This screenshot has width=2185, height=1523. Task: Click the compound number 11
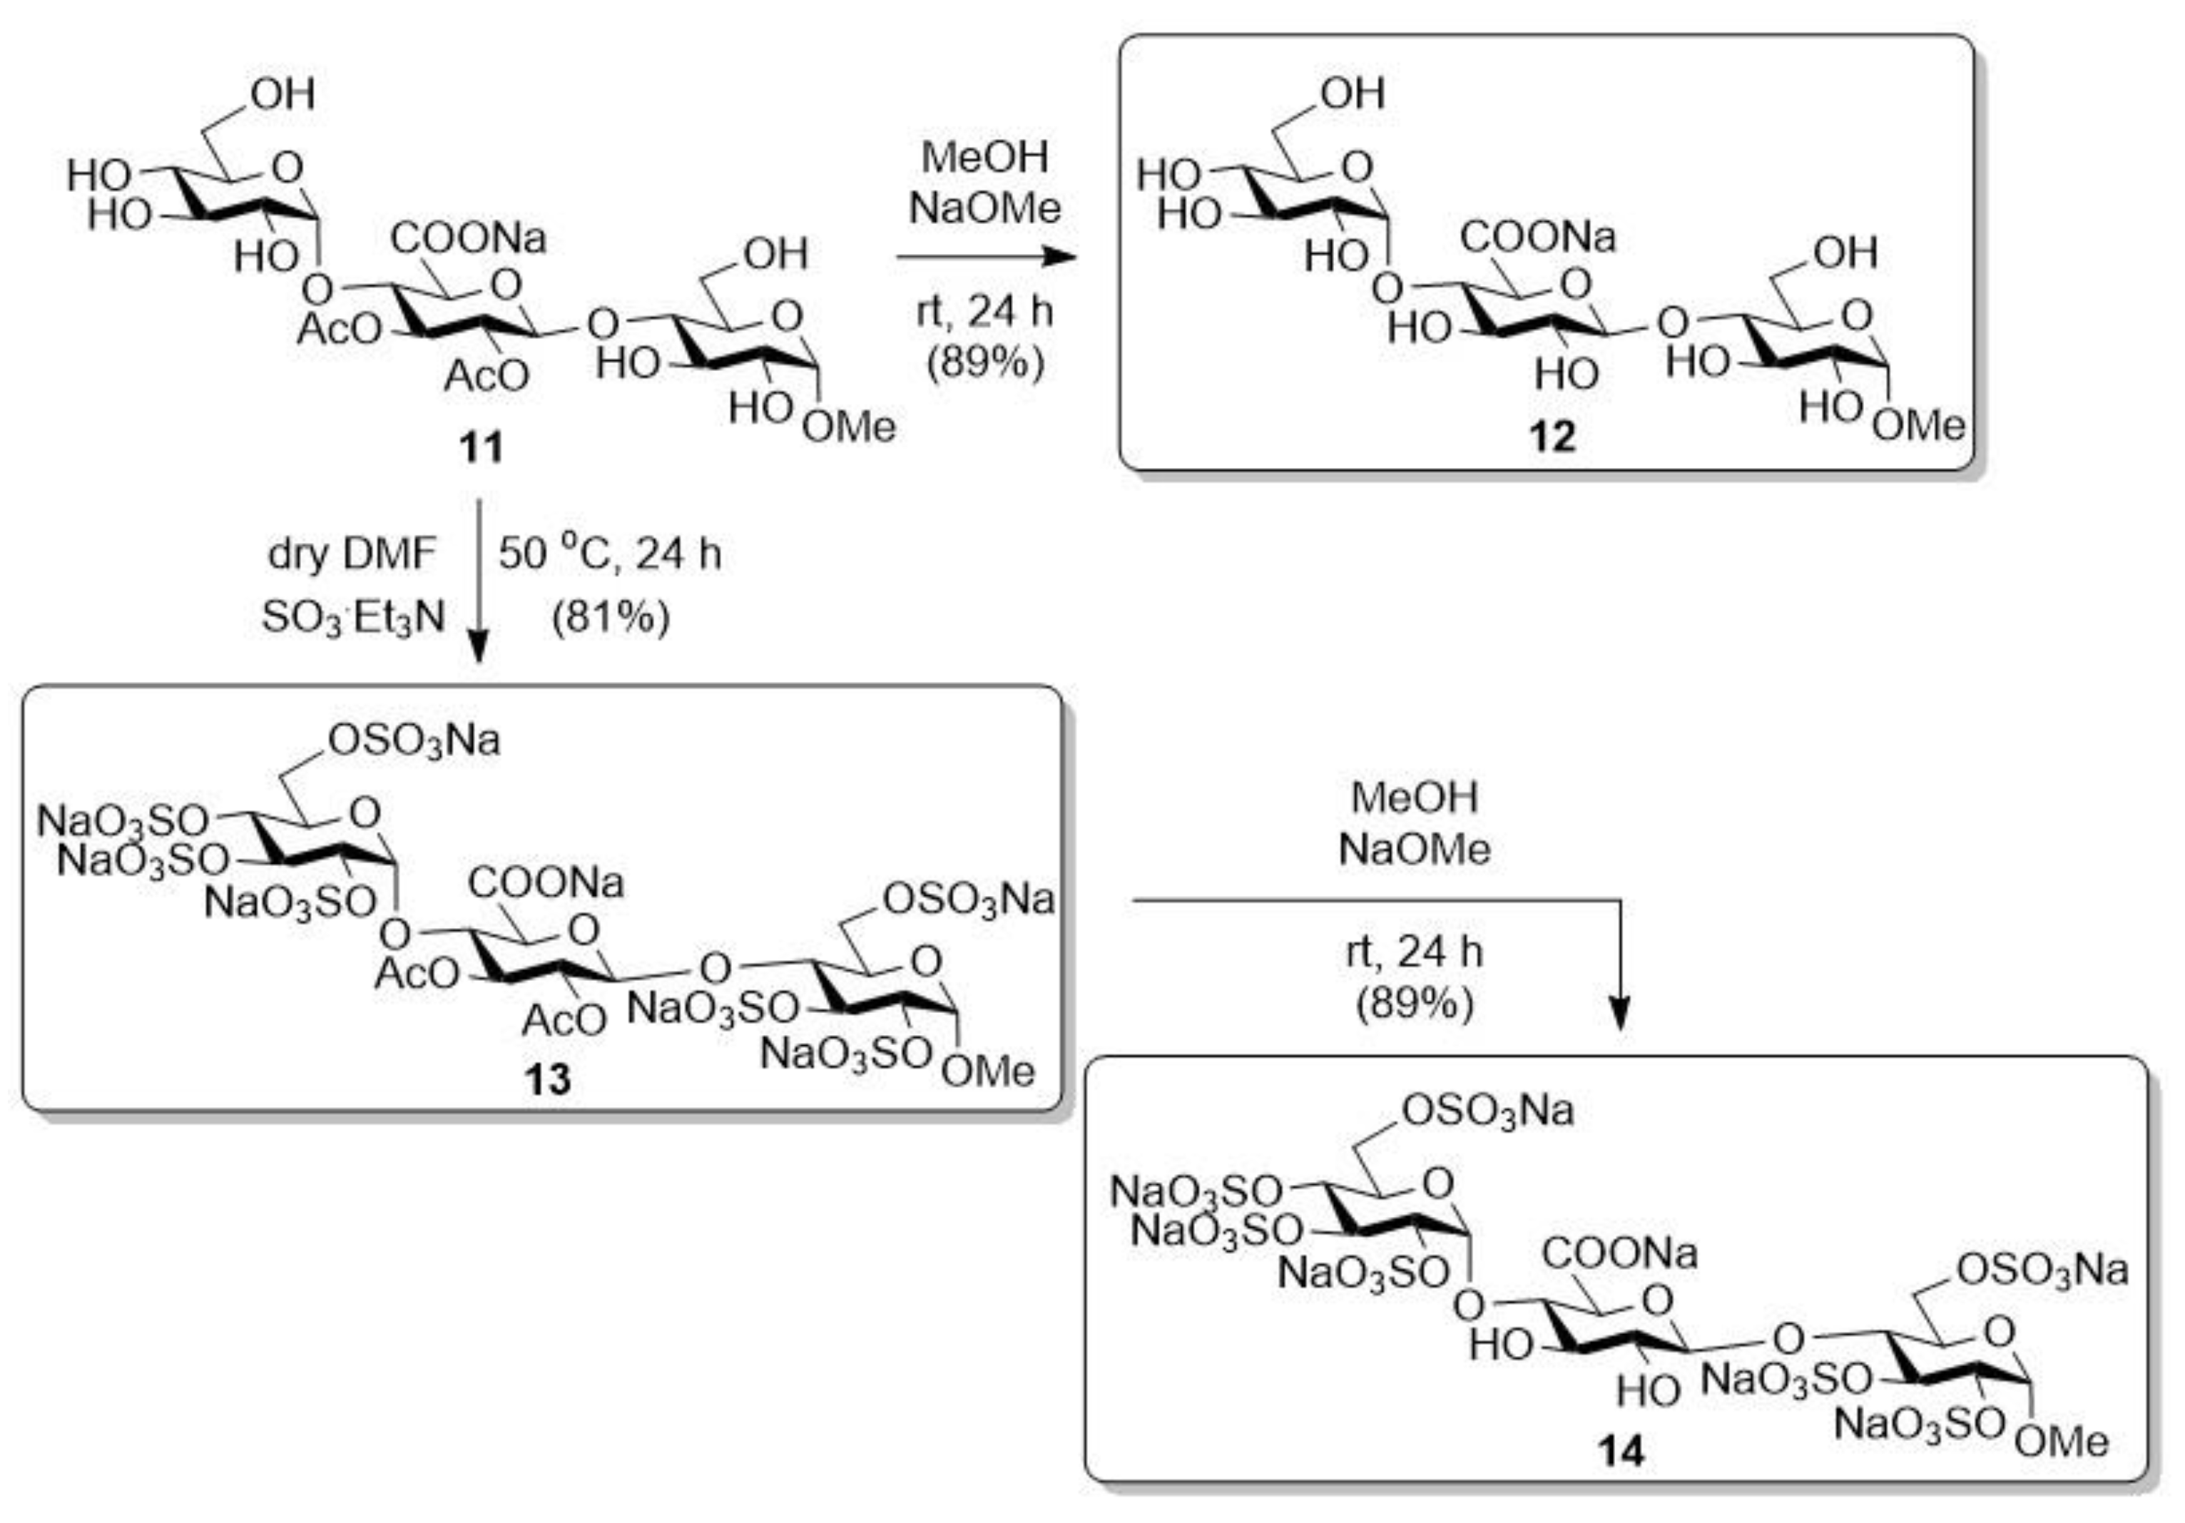pyautogui.click(x=481, y=447)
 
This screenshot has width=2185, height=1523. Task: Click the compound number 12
pyautogui.click(x=1552, y=437)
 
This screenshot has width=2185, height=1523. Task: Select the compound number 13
pyautogui.click(x=547, y=1079)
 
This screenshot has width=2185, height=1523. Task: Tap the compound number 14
pyautogui.click(x=1620, y=1452)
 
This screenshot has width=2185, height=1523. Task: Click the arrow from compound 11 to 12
pyautogui.click(x=985, y=256)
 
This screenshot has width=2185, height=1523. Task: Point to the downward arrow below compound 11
pyautogui.click(x=479, y=581)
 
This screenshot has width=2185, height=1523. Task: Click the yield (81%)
pyautogui.click(x=611, y=618)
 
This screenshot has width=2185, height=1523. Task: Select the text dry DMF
pyautogui.click(x=352, y=554)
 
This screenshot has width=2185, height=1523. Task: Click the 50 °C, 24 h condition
pyautogui.click(x=609, y=554)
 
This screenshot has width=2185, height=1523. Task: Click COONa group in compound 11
pyautogui.click(x=468, y=238)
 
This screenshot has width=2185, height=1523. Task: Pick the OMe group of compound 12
pyautogui.click(x=1917, y=424)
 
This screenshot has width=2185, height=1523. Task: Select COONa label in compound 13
pyautogui.click(x=545, y=882)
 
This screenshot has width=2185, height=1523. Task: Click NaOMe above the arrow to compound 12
pyautogui.click(x=985, y=208)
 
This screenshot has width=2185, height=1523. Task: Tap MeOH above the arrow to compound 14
pyautogui.click(x=1414, y=798)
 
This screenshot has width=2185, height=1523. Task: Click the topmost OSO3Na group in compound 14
pyautogui.click(x=1487, y=1111)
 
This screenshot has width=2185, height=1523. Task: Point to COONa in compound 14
pyautogui.click(x=1620, y=1253)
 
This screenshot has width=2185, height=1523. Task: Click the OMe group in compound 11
pyautogui.click(x=848, y=427)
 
